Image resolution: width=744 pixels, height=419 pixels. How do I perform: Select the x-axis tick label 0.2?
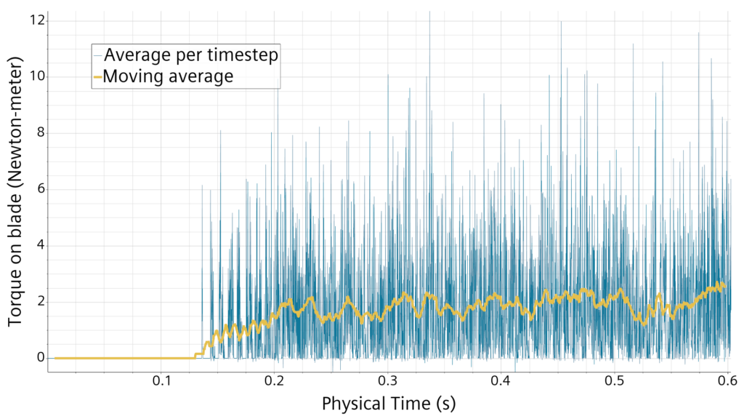click(x=275, y=380)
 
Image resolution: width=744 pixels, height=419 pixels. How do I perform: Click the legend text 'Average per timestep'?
click(x=191, y=55)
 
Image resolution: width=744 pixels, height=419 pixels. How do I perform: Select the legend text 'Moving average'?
click(x=169, y=76)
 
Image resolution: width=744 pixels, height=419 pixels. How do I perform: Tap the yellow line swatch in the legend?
click(x=98, y=76)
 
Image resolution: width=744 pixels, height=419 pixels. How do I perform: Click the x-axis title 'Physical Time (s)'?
click(x=388, y=403)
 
